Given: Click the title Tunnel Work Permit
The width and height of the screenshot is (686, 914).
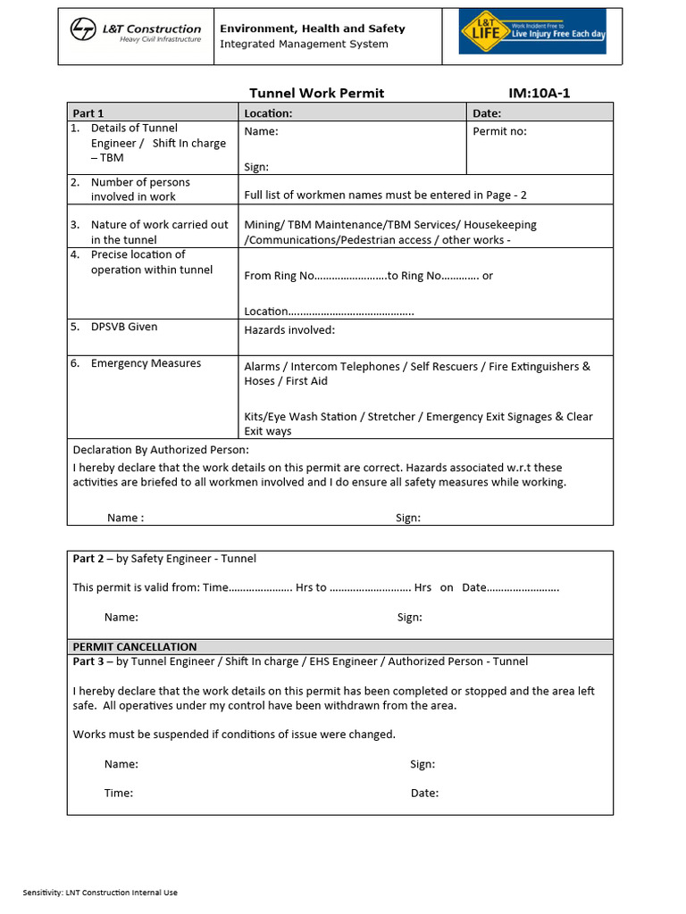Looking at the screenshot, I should [316, 94].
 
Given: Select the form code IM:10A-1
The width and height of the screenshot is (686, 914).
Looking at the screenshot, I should [539, 94].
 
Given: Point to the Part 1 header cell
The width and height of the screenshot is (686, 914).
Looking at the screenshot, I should [88, 113].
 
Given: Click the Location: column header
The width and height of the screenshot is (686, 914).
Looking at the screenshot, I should [268, 113].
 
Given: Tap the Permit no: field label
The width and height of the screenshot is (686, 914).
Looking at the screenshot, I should [499, 131].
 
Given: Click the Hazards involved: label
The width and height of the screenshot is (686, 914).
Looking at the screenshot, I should [289, 330].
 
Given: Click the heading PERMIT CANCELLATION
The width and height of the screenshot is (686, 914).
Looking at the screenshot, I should [135, 646].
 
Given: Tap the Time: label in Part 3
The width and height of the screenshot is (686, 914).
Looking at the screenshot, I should [119, 793].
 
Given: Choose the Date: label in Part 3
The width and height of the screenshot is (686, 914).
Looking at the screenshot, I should [424, 793].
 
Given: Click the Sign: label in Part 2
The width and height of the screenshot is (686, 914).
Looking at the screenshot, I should [410, 617].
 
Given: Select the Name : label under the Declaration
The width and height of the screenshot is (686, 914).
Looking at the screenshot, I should [125, 518].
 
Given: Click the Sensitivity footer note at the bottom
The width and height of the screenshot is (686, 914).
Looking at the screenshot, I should [100, 893].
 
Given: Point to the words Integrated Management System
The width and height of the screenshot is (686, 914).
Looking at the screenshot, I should [304, 45].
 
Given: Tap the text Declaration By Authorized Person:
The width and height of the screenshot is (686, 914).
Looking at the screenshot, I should [161, 450].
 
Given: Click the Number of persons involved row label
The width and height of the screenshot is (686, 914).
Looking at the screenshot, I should [140, 189].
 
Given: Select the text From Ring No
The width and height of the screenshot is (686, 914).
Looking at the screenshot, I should [279, 276].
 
